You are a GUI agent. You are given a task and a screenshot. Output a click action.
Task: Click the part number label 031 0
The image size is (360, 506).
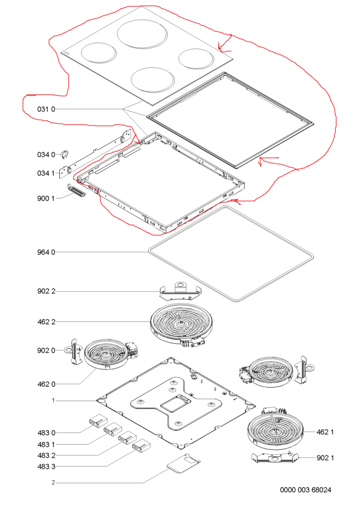46,109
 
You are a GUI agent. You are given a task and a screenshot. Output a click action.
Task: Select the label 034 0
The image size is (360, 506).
46,154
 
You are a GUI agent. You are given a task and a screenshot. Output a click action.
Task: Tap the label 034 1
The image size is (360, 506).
46,173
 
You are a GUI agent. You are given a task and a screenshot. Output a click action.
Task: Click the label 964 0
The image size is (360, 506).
46,251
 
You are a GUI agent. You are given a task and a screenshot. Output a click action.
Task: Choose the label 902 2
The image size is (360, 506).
46,291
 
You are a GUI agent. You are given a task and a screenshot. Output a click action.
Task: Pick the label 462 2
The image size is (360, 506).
46,322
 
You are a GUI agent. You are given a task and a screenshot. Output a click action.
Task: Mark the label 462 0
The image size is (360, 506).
46,384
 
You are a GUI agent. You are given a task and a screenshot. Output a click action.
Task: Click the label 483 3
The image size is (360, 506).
46,466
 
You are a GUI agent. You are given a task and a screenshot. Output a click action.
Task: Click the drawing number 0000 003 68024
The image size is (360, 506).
306,491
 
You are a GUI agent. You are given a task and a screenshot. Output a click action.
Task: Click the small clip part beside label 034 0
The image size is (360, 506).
65,154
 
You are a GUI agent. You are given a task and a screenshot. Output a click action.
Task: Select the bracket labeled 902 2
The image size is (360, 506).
179,290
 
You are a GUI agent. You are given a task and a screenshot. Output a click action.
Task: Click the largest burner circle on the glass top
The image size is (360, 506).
142,34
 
